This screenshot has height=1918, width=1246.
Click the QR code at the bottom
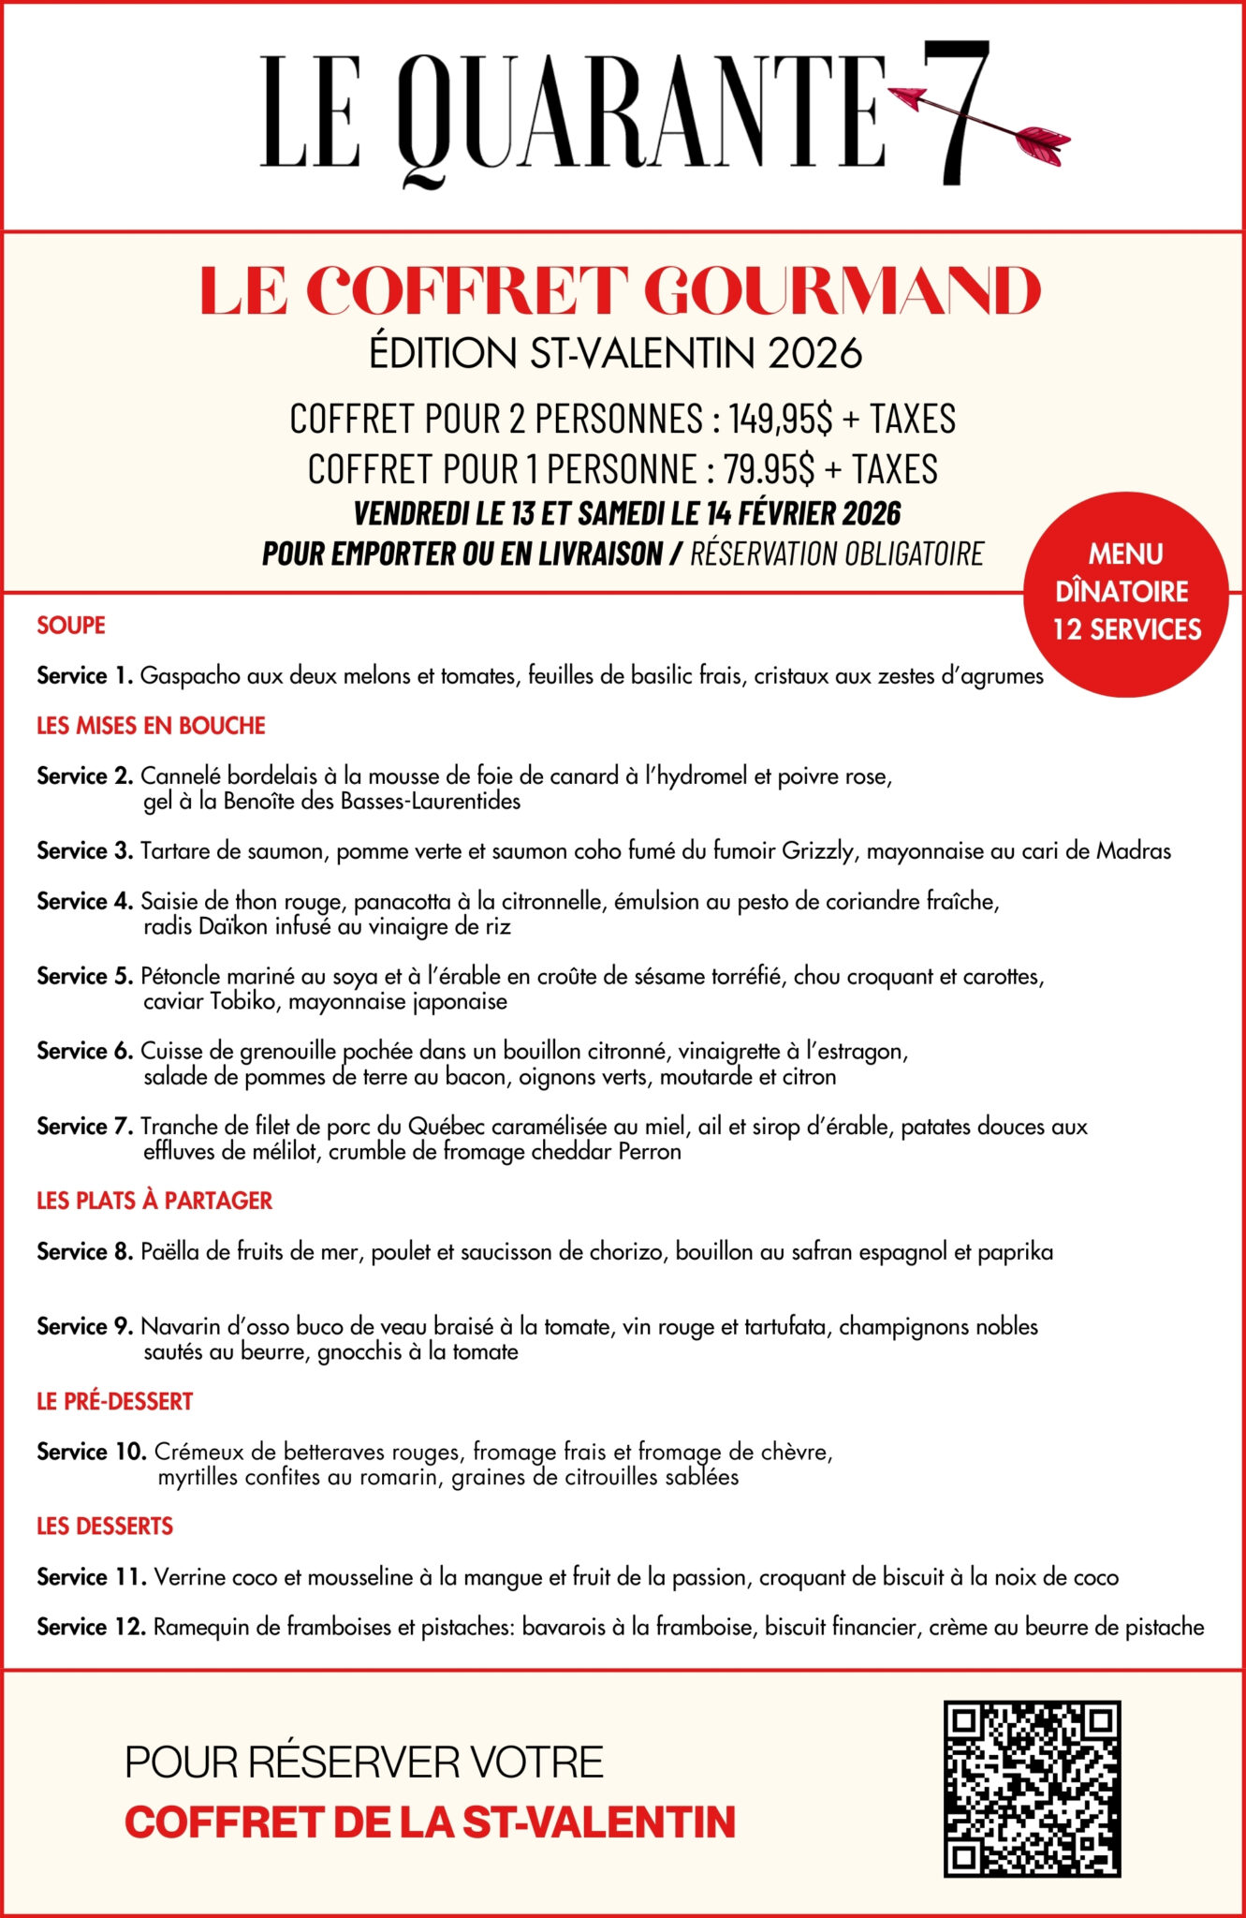[x=1032, y=1789]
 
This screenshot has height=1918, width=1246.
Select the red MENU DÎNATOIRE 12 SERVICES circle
[x=1126, y=593]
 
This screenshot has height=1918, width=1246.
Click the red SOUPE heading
[x=71, y=626]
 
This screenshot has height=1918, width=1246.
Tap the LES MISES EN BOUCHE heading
[x=151, y=726]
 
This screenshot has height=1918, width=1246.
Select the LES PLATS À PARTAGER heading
[x=154, y=1201]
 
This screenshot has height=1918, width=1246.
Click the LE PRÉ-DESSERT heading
[x=114, y=1401]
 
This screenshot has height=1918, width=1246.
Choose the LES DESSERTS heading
[x=105, y=1526]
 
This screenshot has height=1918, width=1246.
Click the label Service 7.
[x=85, y=1126]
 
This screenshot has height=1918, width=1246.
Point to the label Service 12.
[x=91, y=1627]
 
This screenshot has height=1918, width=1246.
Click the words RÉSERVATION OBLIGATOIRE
[x=837, y=553]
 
